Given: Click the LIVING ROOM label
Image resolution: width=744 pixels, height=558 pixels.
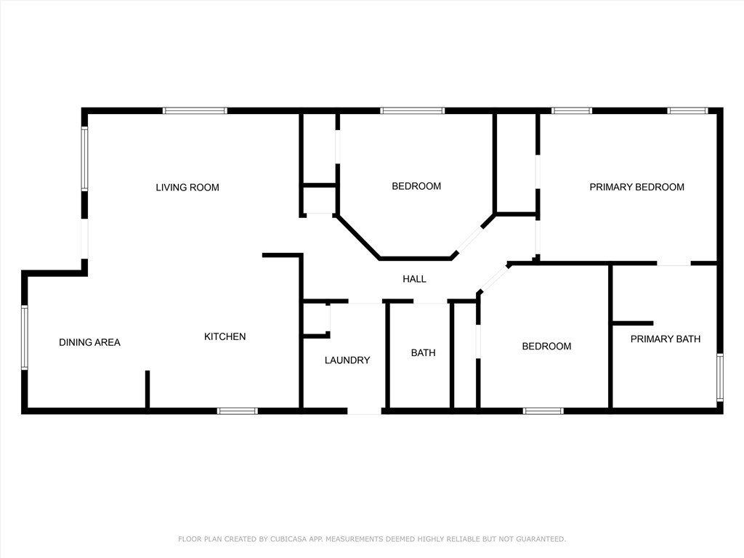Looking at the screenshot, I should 187,187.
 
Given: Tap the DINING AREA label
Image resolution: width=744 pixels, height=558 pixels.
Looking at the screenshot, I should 89,342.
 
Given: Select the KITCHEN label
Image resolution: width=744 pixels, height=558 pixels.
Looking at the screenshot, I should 225,336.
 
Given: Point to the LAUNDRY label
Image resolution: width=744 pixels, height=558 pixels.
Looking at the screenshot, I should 347,360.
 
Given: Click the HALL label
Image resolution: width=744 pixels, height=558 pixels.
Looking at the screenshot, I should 414,279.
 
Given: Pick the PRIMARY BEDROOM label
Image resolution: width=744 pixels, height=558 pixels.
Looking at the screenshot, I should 636,187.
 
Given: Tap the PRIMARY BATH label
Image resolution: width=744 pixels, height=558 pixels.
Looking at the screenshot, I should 665,339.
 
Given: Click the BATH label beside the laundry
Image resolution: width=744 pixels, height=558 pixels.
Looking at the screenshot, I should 424,353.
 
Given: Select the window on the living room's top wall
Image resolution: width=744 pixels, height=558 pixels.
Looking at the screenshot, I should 195,110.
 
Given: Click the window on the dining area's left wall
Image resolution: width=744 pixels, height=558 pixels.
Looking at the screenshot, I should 25,338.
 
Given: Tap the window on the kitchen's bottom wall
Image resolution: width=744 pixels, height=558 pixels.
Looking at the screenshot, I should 238,411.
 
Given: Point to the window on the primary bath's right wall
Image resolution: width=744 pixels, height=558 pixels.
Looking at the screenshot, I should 719,376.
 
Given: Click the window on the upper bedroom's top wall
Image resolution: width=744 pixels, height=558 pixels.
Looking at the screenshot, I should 412,110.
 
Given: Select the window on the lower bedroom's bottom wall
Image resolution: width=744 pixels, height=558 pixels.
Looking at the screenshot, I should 543,411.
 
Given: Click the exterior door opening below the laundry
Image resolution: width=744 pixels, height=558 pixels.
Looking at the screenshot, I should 364,411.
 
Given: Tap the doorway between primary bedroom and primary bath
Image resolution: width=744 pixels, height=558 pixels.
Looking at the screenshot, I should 674,264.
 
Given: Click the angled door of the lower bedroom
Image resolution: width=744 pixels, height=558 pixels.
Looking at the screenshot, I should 493,279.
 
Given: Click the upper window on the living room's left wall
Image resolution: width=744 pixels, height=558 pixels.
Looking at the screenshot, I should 84,159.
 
